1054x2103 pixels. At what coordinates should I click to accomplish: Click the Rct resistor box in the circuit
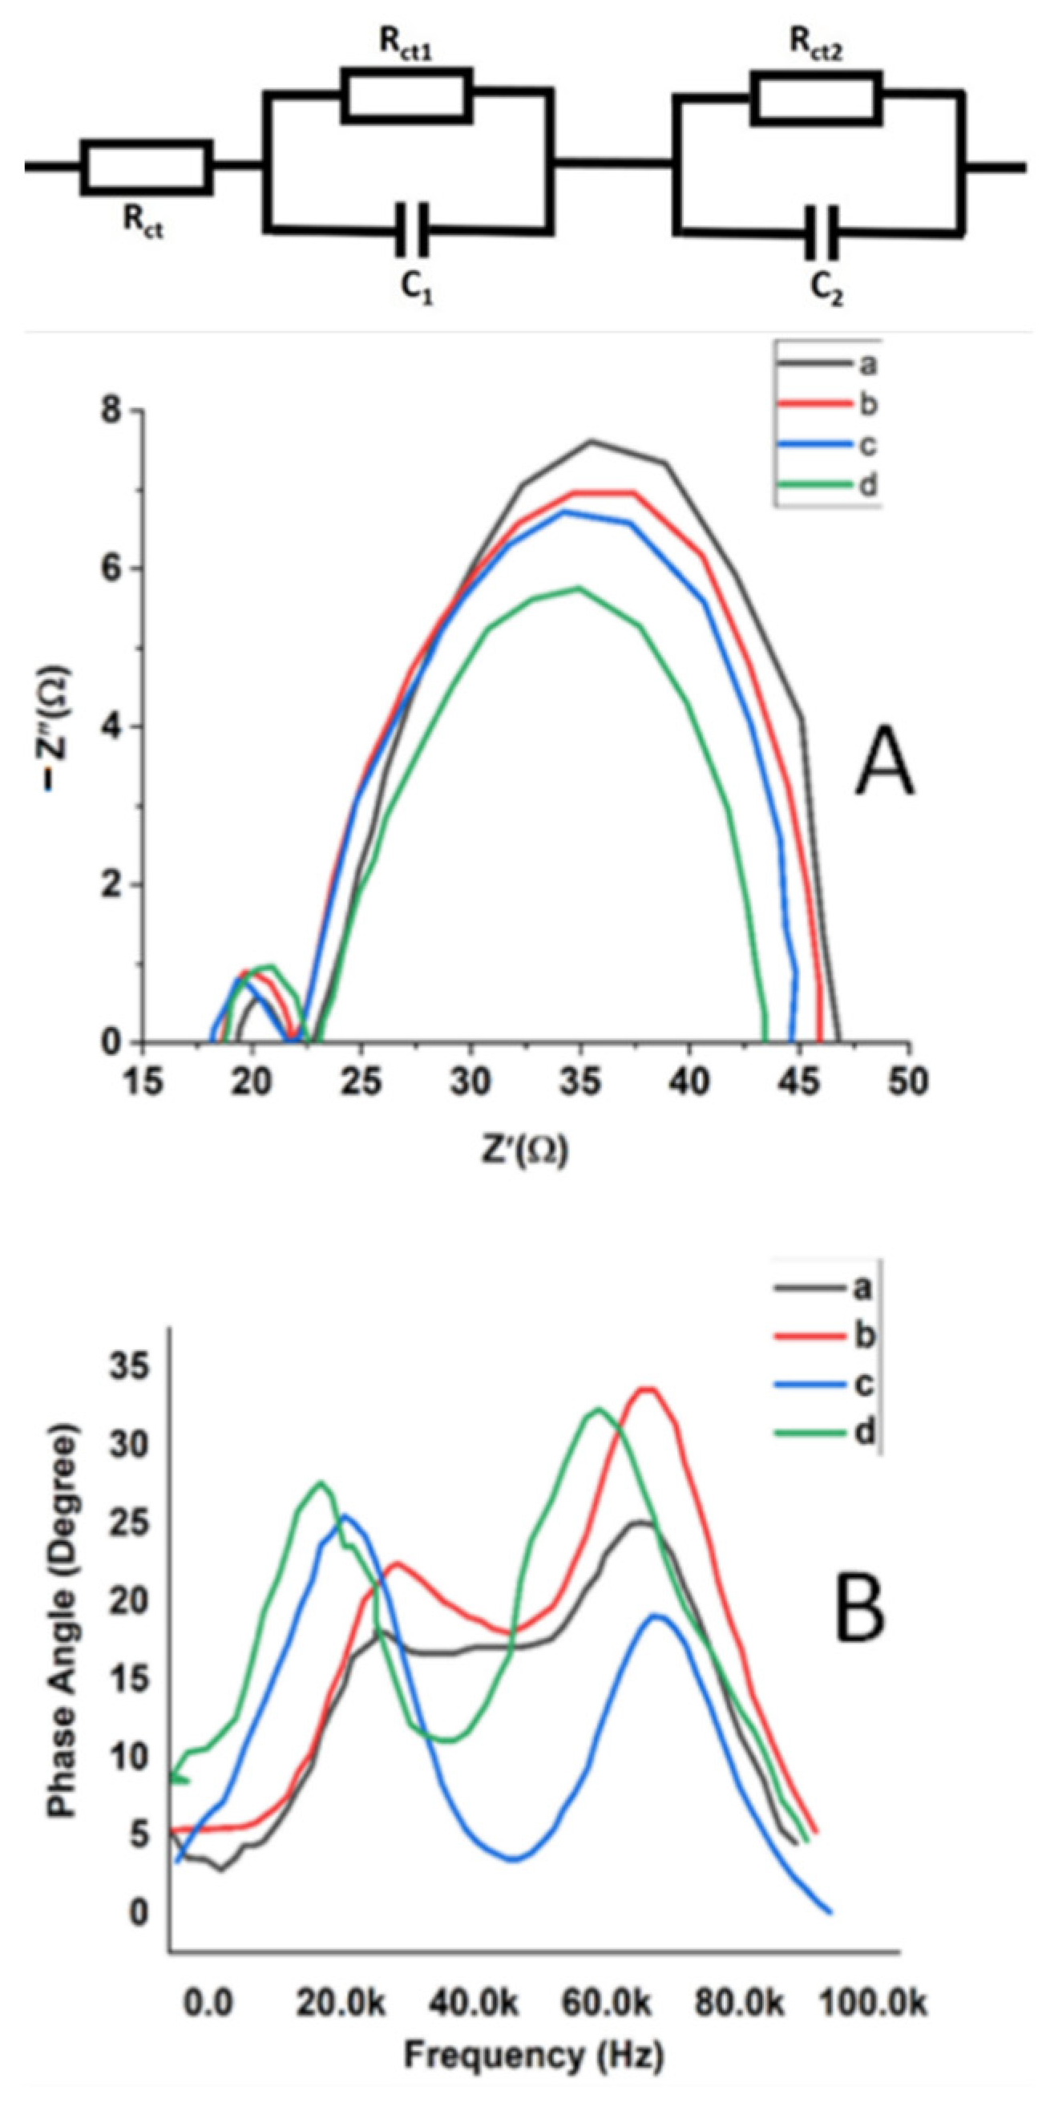(x=147, y=168)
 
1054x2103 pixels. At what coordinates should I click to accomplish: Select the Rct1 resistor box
(x=406, y=96)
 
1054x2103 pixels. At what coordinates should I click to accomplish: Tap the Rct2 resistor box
(x=817, y=97)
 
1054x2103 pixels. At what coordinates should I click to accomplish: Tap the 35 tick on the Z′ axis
(x=580, y=1082)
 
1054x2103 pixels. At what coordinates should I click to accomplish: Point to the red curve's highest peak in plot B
(x=648, y=1389)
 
